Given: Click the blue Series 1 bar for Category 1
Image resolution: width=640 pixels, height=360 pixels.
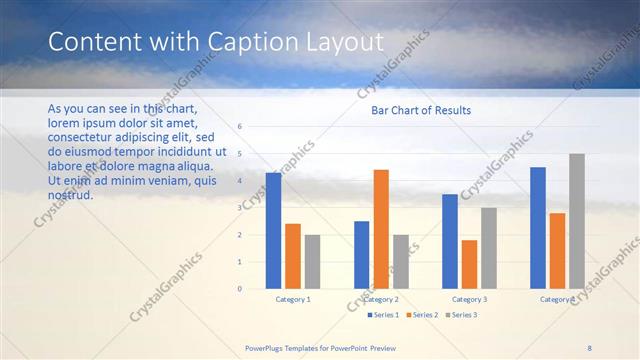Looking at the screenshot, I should (273, 230).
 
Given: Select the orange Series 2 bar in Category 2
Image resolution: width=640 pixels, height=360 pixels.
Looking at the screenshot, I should (381, 229).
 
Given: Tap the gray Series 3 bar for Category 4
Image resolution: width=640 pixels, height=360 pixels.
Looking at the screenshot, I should (577, 221).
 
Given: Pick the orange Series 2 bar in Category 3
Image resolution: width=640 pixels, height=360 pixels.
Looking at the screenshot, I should (469, 264).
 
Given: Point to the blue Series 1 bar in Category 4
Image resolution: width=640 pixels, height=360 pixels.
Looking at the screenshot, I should (538, 228).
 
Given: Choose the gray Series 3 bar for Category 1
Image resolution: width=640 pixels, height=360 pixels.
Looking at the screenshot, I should (312, 261).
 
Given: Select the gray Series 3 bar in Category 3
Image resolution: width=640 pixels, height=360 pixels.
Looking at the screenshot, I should (489, 248).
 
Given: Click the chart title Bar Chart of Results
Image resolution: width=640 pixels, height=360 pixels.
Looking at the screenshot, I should (421, 110).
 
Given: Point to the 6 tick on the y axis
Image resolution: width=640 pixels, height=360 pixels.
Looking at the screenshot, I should (239, 127).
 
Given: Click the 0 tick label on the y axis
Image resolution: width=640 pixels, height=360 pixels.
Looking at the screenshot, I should (239, 288).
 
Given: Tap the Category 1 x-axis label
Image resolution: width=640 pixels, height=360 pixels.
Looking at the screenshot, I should (293, 299).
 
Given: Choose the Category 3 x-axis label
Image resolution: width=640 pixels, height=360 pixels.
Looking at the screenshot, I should (469, 299).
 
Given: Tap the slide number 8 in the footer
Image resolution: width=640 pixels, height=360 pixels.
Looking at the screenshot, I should (589, 347).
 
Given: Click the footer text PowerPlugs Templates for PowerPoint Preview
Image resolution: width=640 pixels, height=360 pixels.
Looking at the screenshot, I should (327, 347).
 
